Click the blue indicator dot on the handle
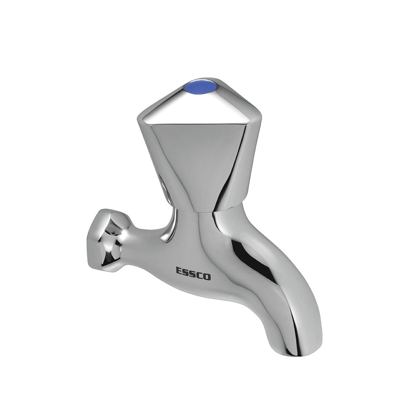200,87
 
